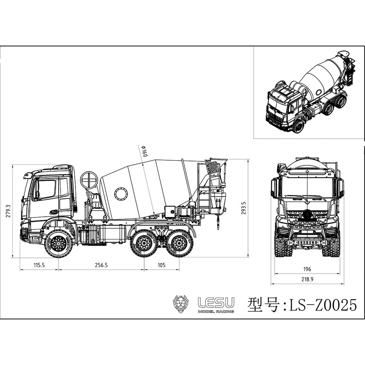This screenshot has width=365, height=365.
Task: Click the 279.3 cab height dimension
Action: tap(8, 211)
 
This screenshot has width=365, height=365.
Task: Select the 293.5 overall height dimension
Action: tap(244, 208)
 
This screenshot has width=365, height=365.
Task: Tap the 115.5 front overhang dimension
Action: tap(39, 265)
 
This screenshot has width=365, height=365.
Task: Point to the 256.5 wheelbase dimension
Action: tap(101, 265)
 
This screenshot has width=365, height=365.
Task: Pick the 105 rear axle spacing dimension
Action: tap(162, 265)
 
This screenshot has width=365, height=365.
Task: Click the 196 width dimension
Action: tap(307, 269)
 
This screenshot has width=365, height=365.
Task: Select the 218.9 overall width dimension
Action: tap(307, 279)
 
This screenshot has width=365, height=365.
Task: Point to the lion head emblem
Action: tap(181, 304)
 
